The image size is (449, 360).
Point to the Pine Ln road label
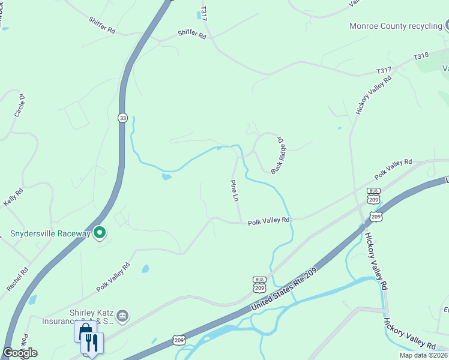(x=234, y=190)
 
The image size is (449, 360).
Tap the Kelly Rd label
(x=13, y=197)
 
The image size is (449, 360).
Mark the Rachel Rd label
(x=17, y=279)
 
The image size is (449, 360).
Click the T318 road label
(x=421, y=56)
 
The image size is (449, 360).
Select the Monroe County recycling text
(x=396, y=26)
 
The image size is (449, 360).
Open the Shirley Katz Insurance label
(x=90, y=316)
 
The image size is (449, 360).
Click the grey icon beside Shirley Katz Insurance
(x=122, y=315)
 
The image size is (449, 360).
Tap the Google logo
(x=20, y=353)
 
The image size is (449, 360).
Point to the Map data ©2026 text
(x=423, y=355)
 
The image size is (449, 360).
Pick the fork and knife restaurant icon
(x=92, y=343)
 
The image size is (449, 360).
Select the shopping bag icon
(x=83, y=331)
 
